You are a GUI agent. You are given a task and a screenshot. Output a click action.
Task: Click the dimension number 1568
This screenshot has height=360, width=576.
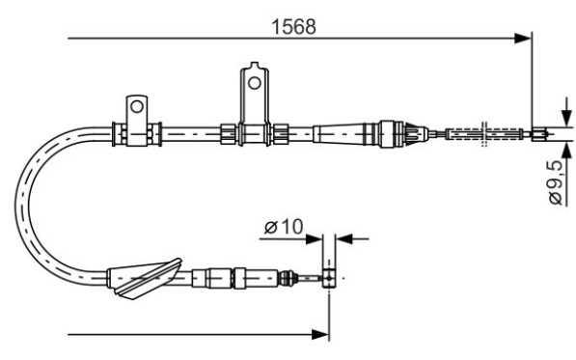tap(293, 27)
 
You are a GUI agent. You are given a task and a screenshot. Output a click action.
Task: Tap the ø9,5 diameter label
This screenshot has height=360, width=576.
tap(556, 181)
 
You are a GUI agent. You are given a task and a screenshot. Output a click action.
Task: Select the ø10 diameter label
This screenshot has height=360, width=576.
tap(284, 227)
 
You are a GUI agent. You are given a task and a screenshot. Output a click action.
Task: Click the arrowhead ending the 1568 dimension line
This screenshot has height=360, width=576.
tap(523, 38)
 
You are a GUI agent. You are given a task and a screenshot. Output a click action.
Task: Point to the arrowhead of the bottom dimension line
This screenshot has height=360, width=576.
tap(320, 334)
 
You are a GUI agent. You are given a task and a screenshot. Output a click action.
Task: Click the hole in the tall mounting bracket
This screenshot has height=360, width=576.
tap(254, 83)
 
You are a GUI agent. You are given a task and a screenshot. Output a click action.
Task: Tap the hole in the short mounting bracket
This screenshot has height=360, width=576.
tap(137, 106)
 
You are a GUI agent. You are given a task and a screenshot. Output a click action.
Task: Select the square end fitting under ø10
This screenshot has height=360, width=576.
tap(329, 278)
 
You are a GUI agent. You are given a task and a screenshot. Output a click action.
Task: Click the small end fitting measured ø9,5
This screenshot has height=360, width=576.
tap(539, 134)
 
